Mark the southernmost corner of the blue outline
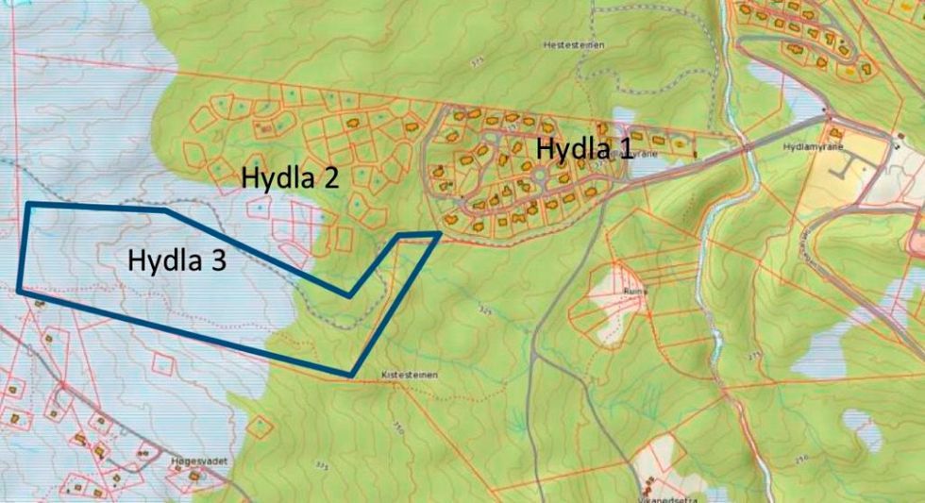[352, 376]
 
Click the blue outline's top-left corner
[27, 204]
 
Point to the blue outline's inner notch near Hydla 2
[350, 295]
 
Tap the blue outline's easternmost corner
[440, 233]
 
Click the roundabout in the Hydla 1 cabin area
[539, 175]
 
